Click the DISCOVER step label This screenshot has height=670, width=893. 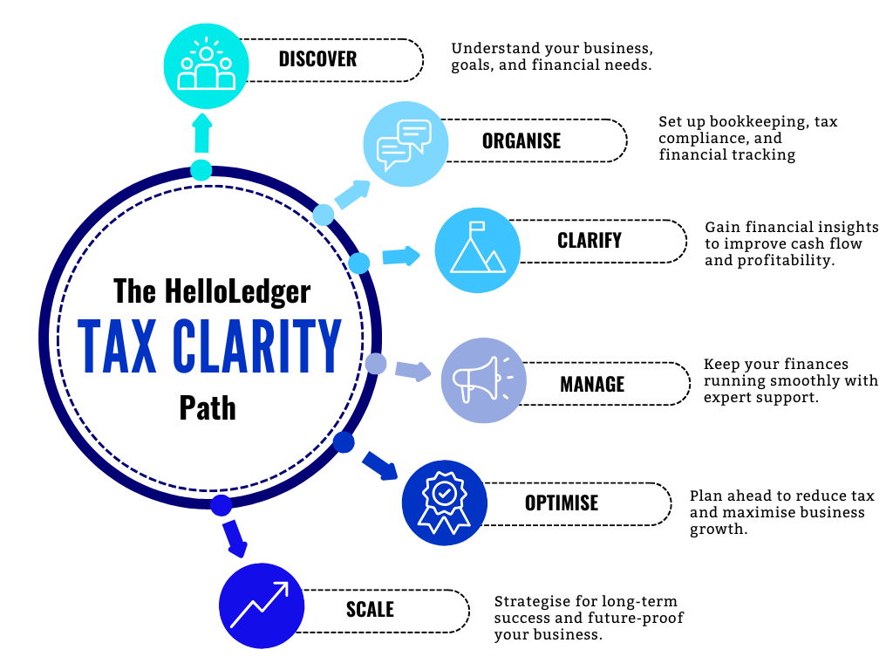(317, 59)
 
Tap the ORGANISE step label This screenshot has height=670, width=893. (521, 140)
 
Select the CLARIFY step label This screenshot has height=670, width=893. (590, 241)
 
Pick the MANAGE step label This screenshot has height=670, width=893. (592, 384)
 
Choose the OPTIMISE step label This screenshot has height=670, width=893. (562, 503)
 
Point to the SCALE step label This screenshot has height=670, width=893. (370, 610)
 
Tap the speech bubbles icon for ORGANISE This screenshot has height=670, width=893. (405, 144)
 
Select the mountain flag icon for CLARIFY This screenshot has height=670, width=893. (477, 250)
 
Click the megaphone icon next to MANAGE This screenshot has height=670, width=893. (483, 381)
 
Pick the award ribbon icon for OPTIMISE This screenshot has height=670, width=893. (444, 502)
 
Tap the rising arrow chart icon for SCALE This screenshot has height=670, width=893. (261, 605)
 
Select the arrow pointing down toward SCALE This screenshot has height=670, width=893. (234, 537)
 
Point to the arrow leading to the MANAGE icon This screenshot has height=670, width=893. (412, 370)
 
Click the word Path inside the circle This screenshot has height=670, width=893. (208, 408)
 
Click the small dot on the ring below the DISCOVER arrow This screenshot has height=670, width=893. (201, 170)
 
